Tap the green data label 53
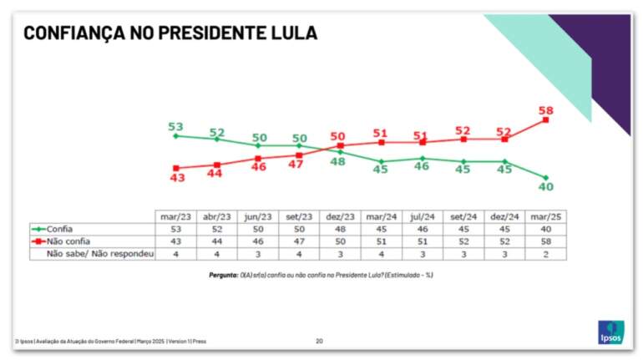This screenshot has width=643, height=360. (x=175, y=127)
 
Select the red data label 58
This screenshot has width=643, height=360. (x=546, y=110)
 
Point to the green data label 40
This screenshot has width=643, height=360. (x=546, y=187)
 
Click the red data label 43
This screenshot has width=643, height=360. (x=175, y=178)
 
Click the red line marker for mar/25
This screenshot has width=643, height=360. (x=546, y=120)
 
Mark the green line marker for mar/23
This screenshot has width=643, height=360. (x=175, y=135)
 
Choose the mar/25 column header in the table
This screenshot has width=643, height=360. (x=546, y=216)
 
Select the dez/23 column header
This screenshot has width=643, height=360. (x=341, y=216)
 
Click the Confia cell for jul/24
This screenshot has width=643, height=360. (x=423, y=228)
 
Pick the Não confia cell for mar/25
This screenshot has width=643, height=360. (x=546, y=241)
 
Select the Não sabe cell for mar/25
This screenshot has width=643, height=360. (x=546, y=253)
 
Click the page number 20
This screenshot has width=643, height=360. (x=320, y=340)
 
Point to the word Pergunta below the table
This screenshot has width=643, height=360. (x=225, y=274)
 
